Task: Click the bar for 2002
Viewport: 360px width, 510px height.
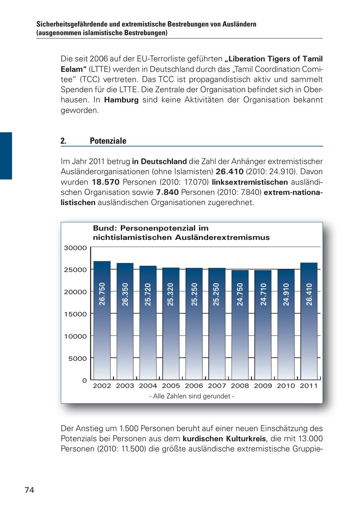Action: (x=102, y=320)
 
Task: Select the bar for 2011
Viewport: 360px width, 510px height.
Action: (x=309, y=320)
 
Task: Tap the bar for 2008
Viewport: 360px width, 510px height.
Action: (x=240, y=324)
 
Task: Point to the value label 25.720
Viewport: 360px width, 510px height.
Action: (x=148, y=295)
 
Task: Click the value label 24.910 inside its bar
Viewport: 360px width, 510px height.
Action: (x=286, y=295)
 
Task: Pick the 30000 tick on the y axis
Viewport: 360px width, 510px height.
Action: (x=75, y=248)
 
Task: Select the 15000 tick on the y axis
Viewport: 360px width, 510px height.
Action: (x=75, y=314)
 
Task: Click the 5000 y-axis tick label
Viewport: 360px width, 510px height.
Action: (x=77, y=359)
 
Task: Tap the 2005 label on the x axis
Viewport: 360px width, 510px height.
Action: (x=171, y=386)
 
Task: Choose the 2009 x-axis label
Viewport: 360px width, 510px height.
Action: (x=263, y=386)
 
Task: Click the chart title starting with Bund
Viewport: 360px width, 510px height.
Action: (x=181, y=233)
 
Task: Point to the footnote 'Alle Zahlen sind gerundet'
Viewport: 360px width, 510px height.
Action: (x=192, y=396)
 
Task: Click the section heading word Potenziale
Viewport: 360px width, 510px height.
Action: (x=108, y=141)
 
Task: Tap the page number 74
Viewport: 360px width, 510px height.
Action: (x=30, y=490)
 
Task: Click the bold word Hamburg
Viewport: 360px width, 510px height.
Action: (x=121, y=100)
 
